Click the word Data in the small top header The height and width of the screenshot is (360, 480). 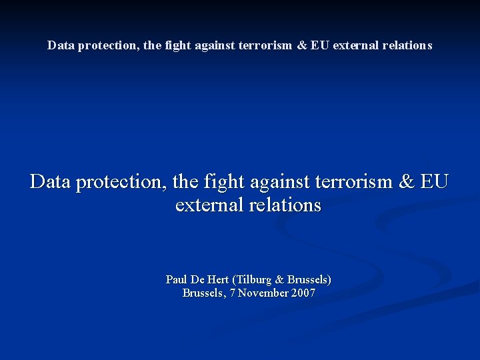pos(59,45)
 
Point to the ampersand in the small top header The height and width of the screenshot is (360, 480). pos(302,45)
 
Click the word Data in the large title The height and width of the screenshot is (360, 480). pos(51,181)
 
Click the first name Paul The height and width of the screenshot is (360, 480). pos(177,279)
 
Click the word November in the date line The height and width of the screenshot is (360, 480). pos(263,293)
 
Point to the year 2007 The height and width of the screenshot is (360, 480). pos(303,293)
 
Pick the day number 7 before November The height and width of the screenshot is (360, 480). pos(232,293)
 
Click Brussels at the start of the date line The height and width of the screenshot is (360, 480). pos(203,293)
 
